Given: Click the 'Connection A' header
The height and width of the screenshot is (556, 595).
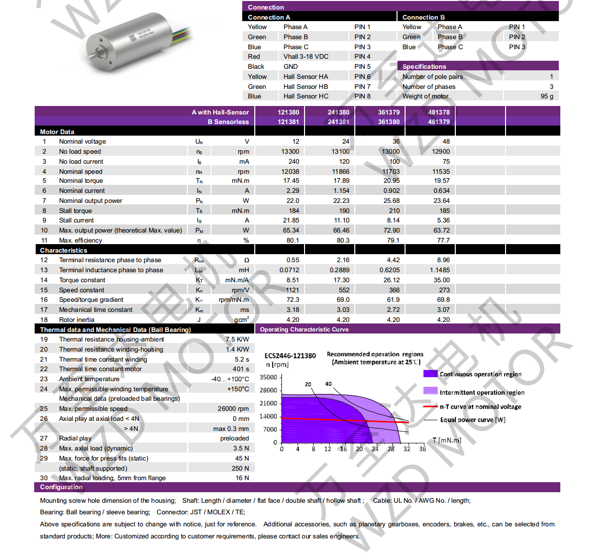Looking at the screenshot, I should (x=269, y=17).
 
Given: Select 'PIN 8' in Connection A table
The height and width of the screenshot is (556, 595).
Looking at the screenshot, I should (x=362, y=96).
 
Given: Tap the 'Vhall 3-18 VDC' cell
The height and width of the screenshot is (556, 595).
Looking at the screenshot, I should (x=306, y=57).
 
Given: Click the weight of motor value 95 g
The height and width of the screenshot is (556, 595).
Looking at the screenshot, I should (x=547, y=96).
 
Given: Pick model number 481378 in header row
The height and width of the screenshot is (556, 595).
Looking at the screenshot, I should (x=439, y=113).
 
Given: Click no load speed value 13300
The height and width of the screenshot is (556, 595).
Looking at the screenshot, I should (x=290, y=152).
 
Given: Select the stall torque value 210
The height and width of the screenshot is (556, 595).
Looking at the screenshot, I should (x=394, y=211).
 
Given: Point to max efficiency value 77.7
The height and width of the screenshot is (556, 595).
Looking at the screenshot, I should (x=443, y=241).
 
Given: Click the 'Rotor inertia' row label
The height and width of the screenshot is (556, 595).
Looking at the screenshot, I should (x=76, y=320).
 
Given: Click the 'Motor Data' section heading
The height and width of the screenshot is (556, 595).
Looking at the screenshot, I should (x=57, y=132).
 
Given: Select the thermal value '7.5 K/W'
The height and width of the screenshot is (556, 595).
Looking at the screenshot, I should (x=237, y=340).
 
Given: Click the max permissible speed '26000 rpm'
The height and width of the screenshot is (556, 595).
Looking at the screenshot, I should (x=233, y=409).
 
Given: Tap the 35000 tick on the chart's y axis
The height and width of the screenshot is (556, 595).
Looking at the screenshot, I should (x=268, y=378).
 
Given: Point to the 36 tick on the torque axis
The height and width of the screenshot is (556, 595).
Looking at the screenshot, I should (x=423, y=449).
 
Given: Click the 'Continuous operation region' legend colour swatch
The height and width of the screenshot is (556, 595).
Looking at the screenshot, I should (x=430, y=374).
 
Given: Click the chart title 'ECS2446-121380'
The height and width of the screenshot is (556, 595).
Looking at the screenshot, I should (x=290, y=356).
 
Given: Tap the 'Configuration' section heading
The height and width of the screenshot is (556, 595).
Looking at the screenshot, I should (x=61, y=487).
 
